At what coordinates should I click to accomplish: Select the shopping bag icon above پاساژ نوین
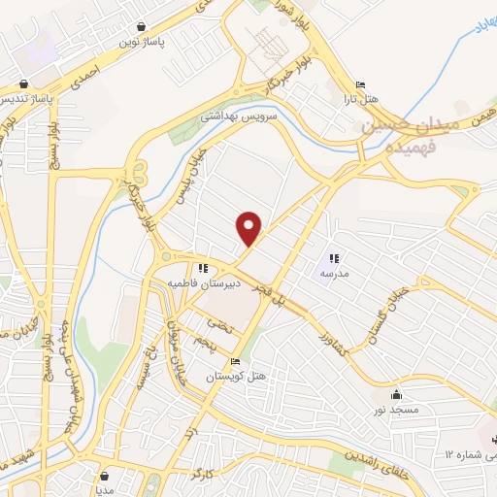tap(143, 27)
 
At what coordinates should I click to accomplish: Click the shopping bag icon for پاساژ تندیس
tap(21, 83)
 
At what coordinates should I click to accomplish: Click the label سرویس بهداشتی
tap(239, 116)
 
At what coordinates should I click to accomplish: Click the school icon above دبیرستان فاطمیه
tap(202, 269)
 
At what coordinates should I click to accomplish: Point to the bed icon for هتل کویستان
tap(236, 360)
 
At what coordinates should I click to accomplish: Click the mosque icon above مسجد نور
tap(396, 394)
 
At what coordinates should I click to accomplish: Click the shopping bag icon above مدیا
tap(106, 476)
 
